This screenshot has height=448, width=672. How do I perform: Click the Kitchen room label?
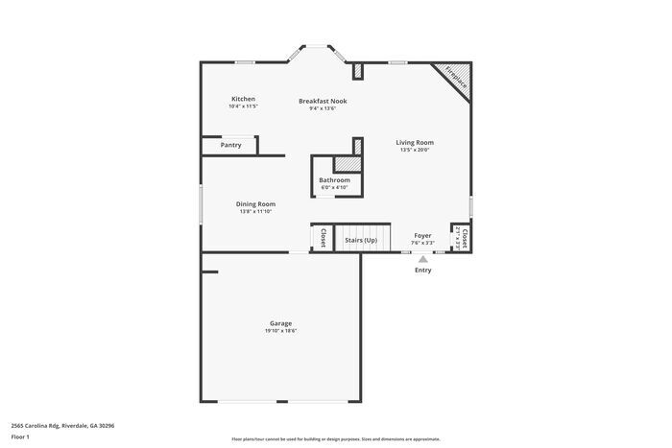[243, 99]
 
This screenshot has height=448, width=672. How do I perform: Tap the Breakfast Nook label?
[323, 101]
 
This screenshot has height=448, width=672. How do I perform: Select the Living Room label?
[415, 143]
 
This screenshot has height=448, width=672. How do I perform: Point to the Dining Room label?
[255, 203]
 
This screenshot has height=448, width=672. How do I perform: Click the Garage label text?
[280, 323]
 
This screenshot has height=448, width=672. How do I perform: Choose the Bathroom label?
[334, 179]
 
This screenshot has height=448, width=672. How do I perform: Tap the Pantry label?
[231, 145]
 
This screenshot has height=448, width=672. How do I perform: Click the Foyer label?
[422, 235]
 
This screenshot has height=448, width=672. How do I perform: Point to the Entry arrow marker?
[422, 258]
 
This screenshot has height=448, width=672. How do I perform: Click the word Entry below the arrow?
[422, 270]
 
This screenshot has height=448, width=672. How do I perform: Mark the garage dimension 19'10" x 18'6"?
[280, 331]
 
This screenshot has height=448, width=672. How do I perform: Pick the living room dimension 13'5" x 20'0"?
[415, 150]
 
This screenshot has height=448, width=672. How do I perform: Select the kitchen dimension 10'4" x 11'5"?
[243, 106]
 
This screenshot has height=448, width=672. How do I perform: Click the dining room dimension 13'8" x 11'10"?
[255, 211]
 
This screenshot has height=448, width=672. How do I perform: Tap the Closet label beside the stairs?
[323, 238]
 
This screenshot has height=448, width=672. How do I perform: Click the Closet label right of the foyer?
[465, 238]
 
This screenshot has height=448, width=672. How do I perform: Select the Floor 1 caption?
[20, 437]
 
